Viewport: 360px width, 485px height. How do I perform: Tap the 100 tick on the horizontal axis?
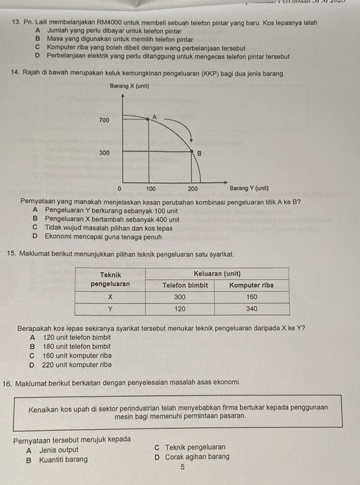click(150, 188)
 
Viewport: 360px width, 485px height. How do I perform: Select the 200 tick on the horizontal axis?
click(193, 188)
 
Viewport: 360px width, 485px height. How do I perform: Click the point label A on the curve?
click(154, 116)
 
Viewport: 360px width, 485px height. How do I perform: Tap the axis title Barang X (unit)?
click(126, 86)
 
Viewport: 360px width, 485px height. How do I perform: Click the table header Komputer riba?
click(252, 285)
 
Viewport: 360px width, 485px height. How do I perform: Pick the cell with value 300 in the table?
click(180, 297)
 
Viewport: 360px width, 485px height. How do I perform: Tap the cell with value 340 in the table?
click(252, 309)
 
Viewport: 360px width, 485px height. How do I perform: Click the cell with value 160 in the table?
click(252, 297)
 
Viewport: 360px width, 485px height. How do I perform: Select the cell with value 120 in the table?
click(180, 309)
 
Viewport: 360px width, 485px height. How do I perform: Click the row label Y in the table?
click(110, 309)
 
